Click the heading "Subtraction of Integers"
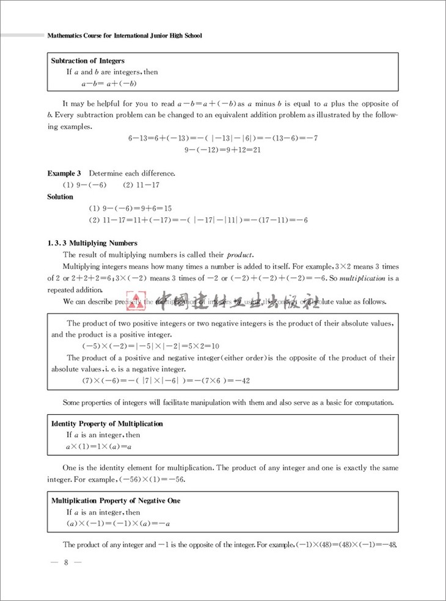pos(88,60)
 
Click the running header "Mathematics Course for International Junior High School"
pos(125,35)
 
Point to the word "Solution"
pos(60,197)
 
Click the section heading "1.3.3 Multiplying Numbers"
pos(92,242)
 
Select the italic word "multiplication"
pos(363,278)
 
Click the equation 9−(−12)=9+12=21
pos(222,149)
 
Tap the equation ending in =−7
pos(222,138)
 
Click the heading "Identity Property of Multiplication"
pos(107,423)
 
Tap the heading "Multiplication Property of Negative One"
pos(115,501)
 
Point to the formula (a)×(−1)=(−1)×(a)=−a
pos(118,523)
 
